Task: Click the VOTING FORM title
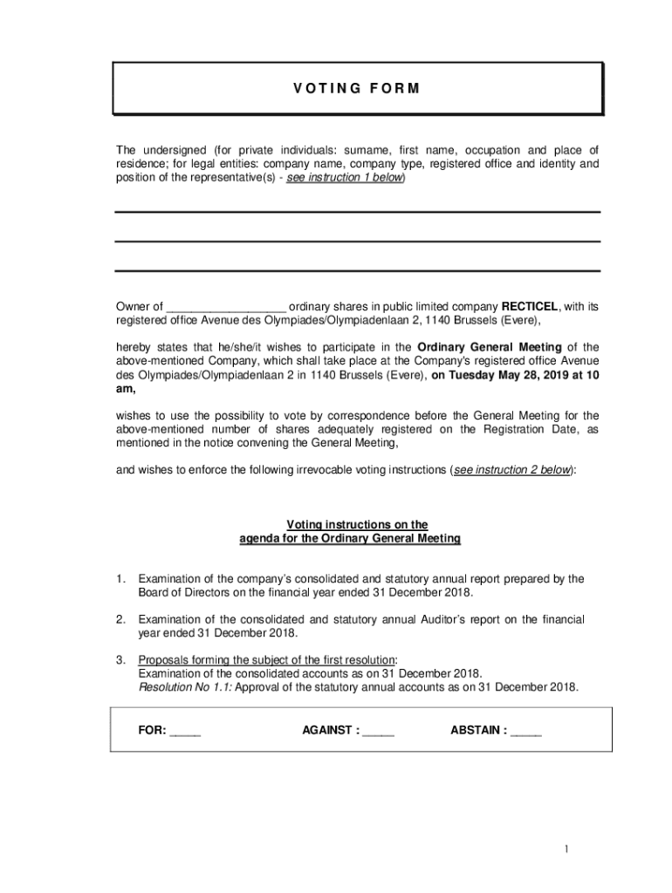pos(357,88)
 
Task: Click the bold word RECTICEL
pos(529,306)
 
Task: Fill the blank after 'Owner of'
pos(226,308)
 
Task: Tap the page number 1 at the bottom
pos(566,849)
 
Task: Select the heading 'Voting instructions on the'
pos(357,524)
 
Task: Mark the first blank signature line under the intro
pos(357,212)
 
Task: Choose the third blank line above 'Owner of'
pos(357,270)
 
